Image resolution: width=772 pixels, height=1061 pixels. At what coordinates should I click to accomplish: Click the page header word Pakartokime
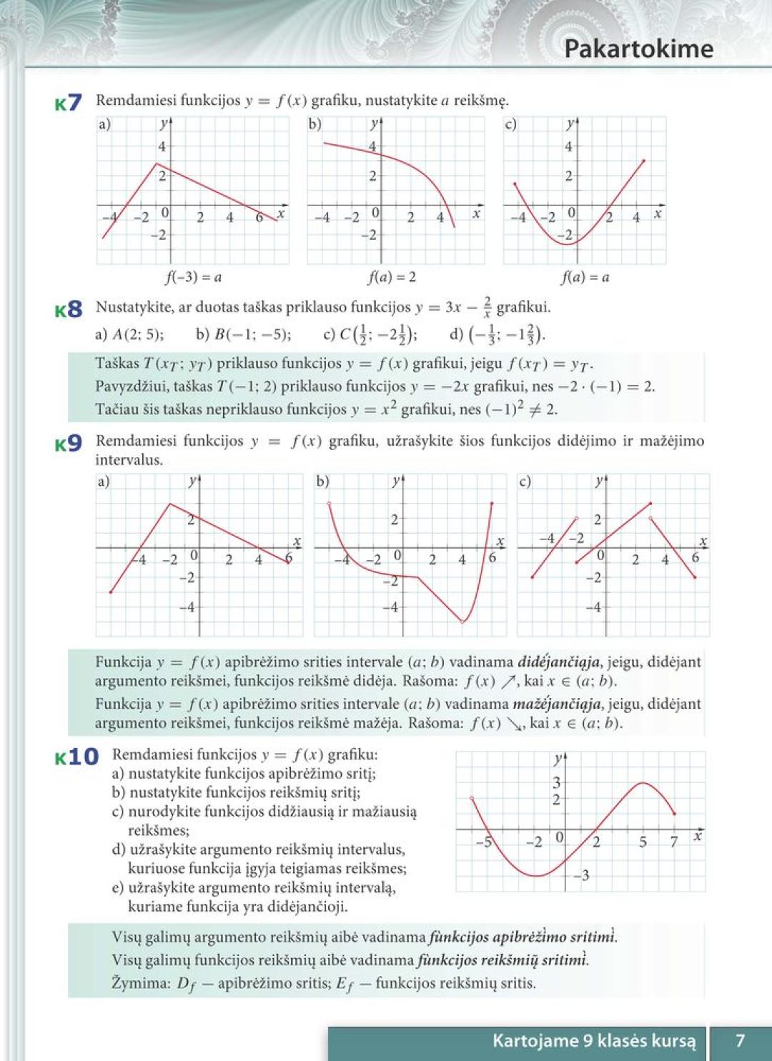coord(638,49)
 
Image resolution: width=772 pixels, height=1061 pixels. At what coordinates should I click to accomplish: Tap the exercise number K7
coord(69,103)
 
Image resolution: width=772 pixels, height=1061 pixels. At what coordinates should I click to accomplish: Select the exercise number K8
coord(69,310)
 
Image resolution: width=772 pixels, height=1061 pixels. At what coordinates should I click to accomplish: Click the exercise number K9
coord(69,444)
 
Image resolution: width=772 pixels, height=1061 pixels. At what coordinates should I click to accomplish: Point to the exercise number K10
coord(76,757)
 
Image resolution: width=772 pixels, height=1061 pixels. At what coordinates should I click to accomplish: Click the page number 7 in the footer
coord(741,1040)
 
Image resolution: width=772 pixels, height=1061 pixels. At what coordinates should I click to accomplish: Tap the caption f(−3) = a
coord(193,277)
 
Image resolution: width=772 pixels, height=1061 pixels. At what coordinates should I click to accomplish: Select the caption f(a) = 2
coord(392,277)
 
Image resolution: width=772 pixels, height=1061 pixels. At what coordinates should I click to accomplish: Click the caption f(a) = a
coord(585,277)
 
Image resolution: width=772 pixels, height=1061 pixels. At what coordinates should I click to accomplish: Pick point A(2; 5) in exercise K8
coord(129,334)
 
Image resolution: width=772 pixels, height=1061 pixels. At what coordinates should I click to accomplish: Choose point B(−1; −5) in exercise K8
coord(243,334)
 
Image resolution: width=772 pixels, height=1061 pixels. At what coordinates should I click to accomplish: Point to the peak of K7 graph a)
coord(157,164)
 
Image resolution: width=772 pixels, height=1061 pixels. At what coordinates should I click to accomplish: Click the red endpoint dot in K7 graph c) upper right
coord(644,161)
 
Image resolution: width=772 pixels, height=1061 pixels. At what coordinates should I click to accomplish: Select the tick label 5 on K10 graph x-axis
coord(643,842)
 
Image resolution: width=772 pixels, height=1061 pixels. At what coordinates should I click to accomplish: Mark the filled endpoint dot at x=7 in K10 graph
coord(674,813)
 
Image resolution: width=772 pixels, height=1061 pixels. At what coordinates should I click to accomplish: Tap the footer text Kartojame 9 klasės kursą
coord(593,1040)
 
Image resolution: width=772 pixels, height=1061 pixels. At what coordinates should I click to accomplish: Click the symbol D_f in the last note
coord(186,984)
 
